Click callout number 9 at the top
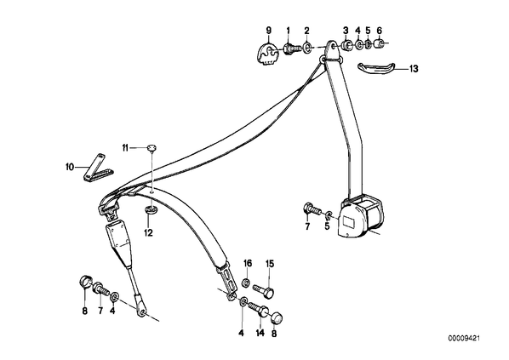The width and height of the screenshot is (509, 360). [268, 31]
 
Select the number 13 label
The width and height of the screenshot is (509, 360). [414, 69]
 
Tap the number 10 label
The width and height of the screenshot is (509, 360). [70, 167]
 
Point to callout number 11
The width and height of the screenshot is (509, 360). [125, 148]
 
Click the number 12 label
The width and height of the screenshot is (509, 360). [148, 232]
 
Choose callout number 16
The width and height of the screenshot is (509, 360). [248, 263]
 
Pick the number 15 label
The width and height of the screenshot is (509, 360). [270, 264]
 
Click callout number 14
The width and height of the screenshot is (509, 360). [260, 333]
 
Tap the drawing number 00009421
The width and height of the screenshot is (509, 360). [464, 339]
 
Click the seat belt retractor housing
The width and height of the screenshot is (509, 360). [360, 218]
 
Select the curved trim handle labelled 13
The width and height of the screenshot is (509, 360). [376, 67]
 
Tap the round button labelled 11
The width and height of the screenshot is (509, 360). [152, 148]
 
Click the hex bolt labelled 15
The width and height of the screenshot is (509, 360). [264, 290]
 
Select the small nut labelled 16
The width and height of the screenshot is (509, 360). [246, 283]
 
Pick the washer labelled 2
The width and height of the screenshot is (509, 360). [306, 49]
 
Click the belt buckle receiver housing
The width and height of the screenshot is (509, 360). [117, 238]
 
